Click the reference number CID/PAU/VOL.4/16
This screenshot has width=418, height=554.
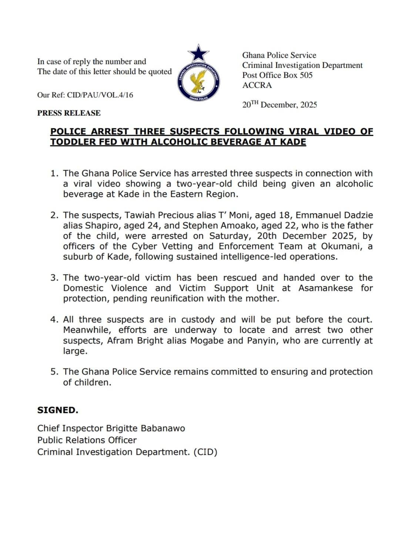click(x=100, y=95)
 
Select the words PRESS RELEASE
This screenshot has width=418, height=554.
click(x=69, y=113)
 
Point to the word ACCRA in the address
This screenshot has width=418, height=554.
click(x=257, y=85)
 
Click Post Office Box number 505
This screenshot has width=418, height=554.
click(x=306, y=75)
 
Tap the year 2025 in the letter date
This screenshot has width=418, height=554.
click(x=308, y=105)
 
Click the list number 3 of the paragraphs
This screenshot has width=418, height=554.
click(x=54, y=278)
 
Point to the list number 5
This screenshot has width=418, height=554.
click(x=54, y=372)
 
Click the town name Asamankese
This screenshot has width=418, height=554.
click(x=325, y=288)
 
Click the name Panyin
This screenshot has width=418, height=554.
click(x=262, y=340)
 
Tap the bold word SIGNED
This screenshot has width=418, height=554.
click(x=58, y=410)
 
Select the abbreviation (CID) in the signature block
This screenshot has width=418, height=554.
click(x=205, y=452)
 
